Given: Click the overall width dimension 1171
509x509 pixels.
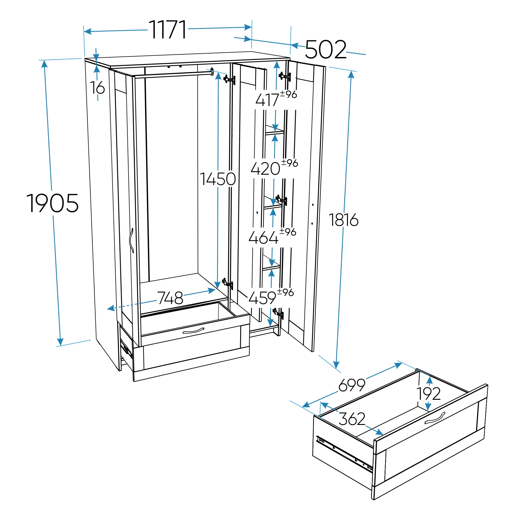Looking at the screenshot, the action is tap(168, 29).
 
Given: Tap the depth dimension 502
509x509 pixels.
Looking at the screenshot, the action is tap(326, 49).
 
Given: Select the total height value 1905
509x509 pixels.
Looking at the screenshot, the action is tap(52, 203).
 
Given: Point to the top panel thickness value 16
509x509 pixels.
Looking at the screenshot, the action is tap(98, 87).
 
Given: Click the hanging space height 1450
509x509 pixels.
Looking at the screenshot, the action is tap(218, 179).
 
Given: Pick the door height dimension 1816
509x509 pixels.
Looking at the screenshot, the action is tap(344, 220).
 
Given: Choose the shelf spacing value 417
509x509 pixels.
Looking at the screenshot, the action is tap(267, 100).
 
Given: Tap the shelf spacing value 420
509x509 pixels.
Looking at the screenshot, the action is tap(265, 169).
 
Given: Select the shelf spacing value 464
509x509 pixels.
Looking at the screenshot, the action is tap(264, 237).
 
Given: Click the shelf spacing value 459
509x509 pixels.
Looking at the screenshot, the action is tap(262, 298).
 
